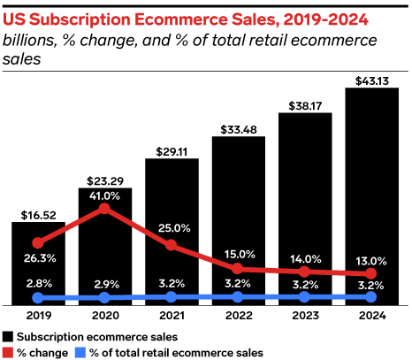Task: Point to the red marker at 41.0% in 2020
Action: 104,209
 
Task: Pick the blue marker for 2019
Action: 37,298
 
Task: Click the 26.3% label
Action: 37,259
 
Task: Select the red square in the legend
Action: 8,351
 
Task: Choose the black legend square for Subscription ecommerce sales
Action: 8,337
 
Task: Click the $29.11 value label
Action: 171,150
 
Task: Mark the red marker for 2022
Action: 238,268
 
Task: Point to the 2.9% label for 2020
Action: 104,283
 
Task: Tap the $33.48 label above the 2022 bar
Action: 238,129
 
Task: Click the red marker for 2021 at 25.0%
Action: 171,245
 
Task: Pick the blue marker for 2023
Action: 304,298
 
